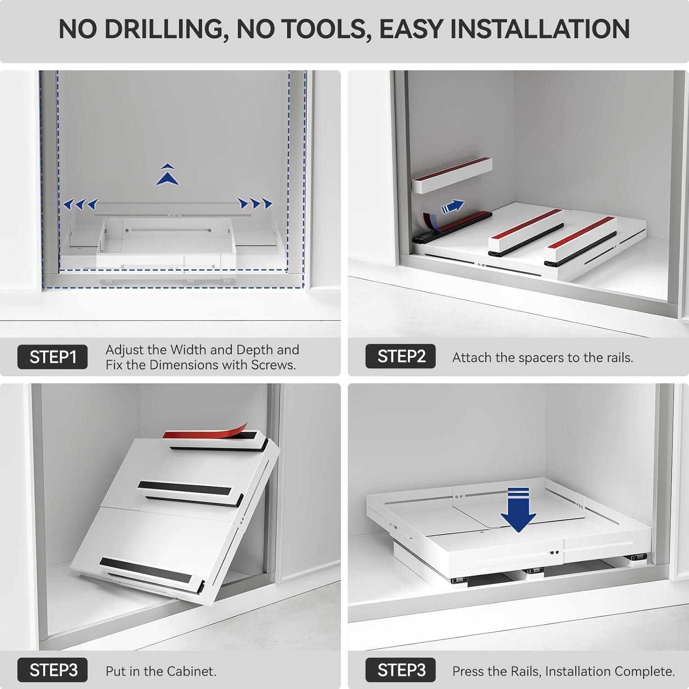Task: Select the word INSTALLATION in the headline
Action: [x=540, y=29]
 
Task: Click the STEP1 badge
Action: [x=52, y=357]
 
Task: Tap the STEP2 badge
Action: [x=401, y=356]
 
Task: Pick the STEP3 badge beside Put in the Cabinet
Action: [x=52, y=671]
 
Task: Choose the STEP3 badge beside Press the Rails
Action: [x=401, y=671]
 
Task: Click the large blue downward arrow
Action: [x=518, y=510]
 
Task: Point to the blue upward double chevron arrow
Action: [x=168, y=175]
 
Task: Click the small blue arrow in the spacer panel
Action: [x=453, y=207]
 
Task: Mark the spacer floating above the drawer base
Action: [x=452, y=175]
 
